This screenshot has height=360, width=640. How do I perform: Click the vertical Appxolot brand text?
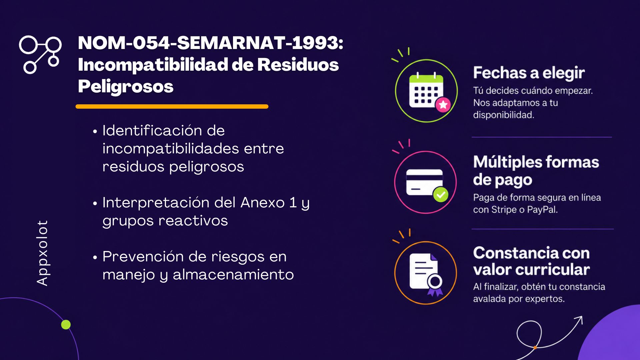(42, 253)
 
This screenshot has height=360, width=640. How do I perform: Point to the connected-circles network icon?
(40, 54)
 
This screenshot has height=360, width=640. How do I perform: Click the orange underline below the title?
(172, 107)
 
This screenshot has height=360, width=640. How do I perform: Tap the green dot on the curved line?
(66, 324)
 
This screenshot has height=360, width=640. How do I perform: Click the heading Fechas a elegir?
(529, 73)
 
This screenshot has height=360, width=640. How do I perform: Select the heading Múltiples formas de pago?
(536, 171)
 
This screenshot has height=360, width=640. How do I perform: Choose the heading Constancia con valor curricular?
(532, 261)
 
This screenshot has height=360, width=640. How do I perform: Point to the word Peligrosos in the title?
(126, 87)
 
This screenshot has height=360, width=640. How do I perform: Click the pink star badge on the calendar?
(443, 105)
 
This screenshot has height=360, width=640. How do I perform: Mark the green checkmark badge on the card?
(441, 195)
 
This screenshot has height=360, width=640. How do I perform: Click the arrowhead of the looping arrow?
(579, 320)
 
